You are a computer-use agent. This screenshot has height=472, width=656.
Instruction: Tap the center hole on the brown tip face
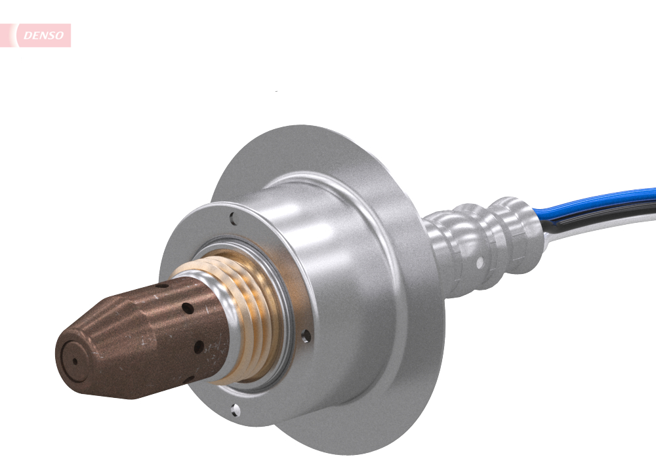point(75,361)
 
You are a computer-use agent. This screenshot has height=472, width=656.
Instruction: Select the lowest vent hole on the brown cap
point(190,379)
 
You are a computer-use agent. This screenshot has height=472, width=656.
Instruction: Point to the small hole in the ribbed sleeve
point(480,262)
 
